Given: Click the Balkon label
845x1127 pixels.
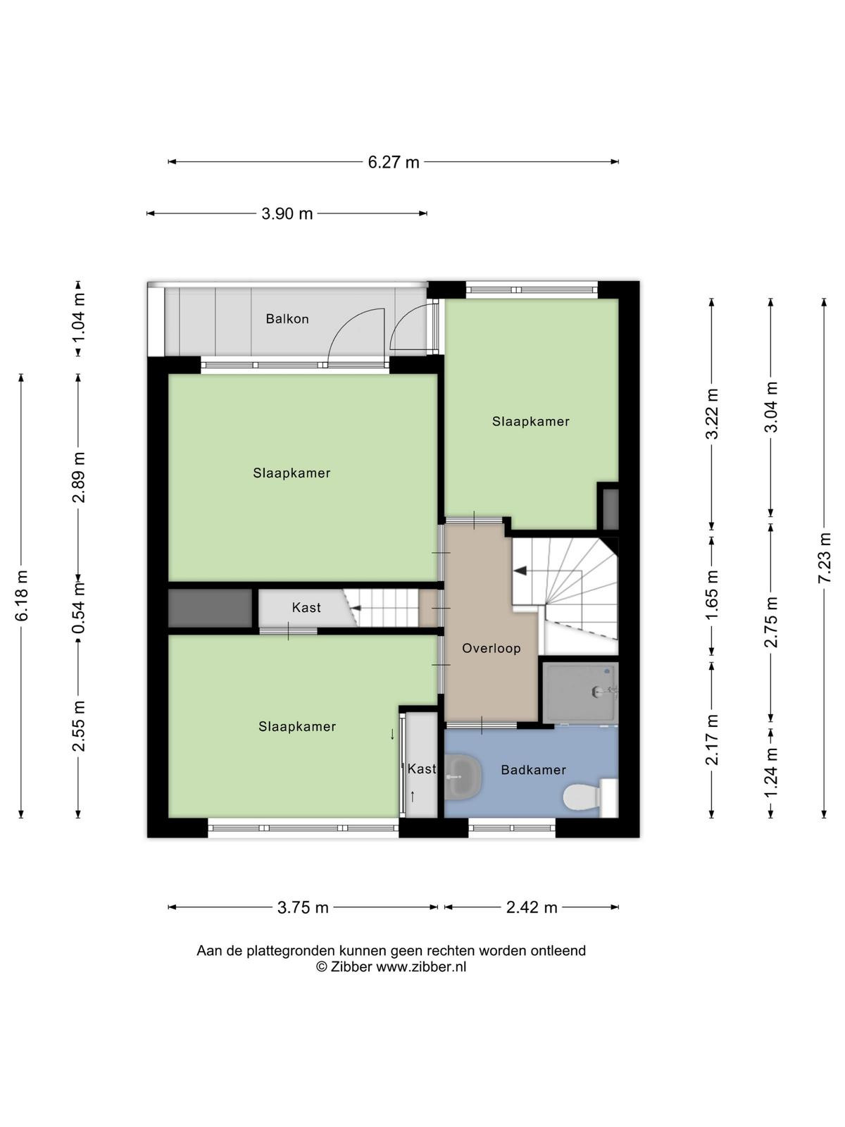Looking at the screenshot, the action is click(287, 319).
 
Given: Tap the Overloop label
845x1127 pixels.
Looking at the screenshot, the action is click(491, 649).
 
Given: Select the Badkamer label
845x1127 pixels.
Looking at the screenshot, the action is click(534, 770).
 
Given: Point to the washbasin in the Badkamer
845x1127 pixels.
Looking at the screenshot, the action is click(463, 777).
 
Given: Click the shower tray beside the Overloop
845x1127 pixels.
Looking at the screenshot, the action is click(580, 692).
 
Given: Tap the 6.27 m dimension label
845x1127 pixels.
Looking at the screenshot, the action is click(394, 162).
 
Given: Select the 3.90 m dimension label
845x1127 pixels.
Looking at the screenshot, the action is click(287, 213).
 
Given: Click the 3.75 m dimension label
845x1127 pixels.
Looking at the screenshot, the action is click(303, 908).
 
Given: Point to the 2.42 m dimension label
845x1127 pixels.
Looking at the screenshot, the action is click(532, 908).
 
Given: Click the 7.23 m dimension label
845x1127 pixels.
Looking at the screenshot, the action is click(825, 558).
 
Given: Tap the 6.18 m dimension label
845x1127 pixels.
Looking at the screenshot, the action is click(22, 596).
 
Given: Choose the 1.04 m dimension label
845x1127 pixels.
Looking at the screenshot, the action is click(78, 318).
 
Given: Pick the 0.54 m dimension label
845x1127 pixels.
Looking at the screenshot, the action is click(78, 608).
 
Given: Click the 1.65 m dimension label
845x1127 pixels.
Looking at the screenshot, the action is click(712, 596).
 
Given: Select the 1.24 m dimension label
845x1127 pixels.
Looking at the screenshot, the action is click(770, 772).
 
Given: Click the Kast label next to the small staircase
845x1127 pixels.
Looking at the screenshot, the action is click(306, 608).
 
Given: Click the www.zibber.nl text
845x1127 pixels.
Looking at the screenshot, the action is click(421, 967).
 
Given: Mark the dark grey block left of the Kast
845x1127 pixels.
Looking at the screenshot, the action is click(211, 608).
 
